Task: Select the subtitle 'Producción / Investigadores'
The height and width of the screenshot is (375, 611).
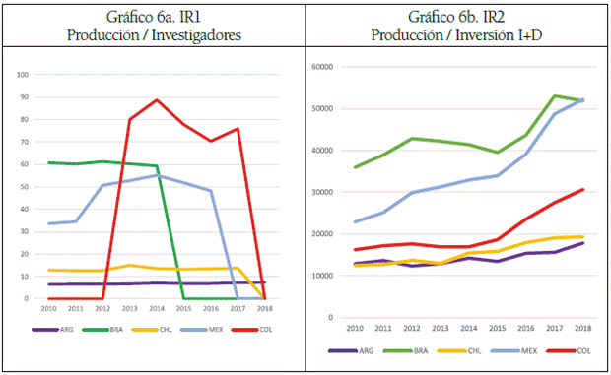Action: [155, 35]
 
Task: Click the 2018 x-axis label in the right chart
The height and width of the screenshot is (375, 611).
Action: [582, 327]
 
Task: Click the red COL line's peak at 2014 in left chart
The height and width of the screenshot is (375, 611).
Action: [157, 99]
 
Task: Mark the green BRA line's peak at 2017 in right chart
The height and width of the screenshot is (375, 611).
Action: [556, 95]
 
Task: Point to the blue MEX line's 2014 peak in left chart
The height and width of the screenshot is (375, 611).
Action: [157, 175]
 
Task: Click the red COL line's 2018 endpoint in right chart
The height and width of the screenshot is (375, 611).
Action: [582, 190]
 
